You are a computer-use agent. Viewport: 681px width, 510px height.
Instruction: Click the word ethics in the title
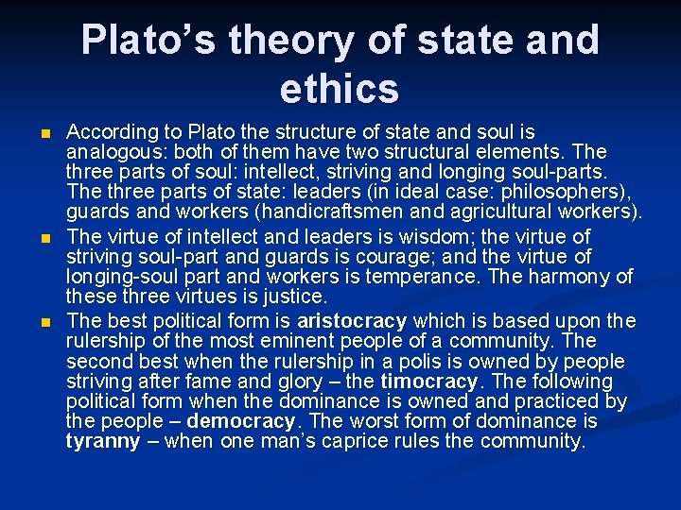(340, 88)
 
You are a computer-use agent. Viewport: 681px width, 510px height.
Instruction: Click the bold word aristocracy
(351, 320)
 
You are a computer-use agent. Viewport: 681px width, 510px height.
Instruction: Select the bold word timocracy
(429, 382)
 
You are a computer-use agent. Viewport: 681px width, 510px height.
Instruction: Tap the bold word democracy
(241, 421)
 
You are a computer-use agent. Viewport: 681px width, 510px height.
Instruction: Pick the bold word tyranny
(103, 442)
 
